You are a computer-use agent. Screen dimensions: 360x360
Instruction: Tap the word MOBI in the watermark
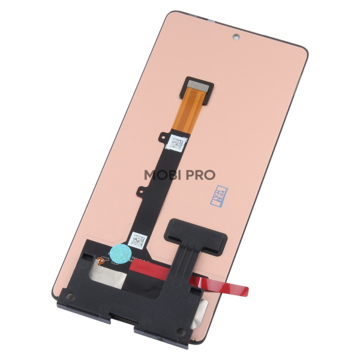161,175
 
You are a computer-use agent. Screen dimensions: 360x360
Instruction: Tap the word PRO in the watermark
199,175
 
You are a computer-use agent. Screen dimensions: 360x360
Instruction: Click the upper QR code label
176,143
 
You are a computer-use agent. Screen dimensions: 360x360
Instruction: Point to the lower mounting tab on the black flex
139,192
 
